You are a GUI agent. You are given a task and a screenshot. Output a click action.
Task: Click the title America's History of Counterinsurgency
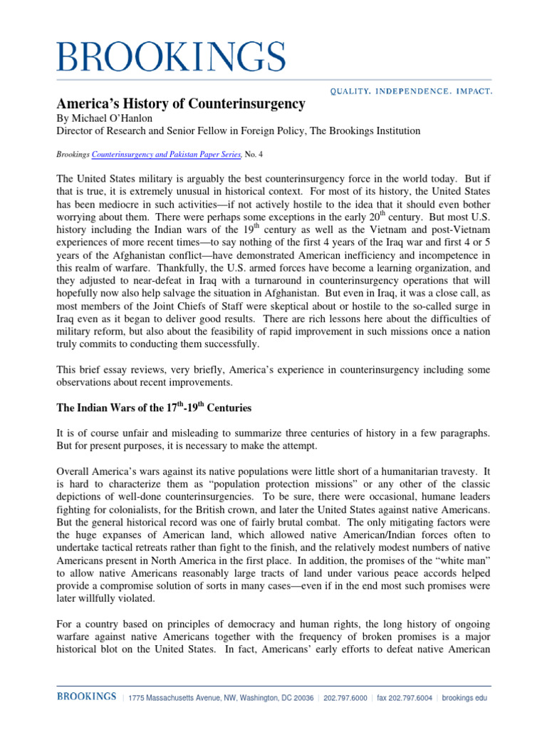(x=180, y=104)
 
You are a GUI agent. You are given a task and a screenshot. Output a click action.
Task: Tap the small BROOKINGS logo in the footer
(x=87, y=696)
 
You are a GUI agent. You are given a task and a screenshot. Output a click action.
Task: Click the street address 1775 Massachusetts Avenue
(x=189, y=696)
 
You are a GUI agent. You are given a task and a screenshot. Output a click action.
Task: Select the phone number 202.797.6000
(x=345, y=696)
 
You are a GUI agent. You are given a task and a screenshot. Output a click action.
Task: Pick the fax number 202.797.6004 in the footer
(x=404, y=696)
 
